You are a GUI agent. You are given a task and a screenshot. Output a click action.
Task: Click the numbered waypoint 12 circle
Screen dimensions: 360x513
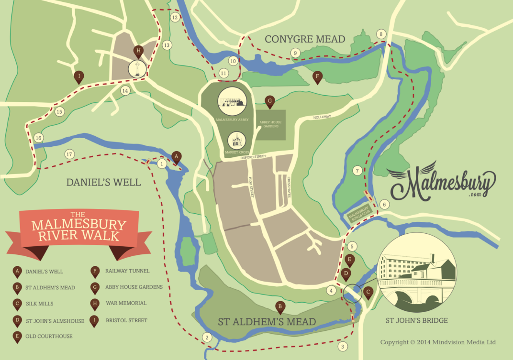(175, 18)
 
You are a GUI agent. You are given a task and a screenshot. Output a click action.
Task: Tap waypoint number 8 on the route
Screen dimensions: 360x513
(381, 34)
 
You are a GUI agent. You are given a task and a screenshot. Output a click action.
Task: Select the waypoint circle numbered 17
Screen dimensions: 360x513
(69, 154)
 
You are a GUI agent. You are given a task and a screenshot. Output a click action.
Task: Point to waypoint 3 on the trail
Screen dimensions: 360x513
(342, 347)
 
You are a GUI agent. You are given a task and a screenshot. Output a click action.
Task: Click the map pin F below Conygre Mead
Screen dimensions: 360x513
(317, 77)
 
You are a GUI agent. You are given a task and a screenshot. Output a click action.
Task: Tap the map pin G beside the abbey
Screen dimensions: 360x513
(269, 101)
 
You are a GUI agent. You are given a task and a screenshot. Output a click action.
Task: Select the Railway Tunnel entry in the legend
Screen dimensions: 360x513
(127, 271)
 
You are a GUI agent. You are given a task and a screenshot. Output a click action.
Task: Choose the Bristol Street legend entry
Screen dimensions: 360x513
(126, 320)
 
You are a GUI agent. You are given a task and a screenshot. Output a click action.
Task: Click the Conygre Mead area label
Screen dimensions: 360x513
(305, 39)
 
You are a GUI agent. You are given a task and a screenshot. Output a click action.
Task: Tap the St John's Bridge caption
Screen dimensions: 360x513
(416, 320)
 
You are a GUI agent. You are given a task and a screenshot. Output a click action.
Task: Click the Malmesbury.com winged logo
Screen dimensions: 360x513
(441, 182)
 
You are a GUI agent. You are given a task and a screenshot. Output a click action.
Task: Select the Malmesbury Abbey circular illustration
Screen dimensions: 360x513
(232, 100)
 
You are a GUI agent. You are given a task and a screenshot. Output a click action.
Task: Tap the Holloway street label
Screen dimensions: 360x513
(322, 117)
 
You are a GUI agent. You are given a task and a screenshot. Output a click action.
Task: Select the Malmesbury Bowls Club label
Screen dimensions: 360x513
(360, 212)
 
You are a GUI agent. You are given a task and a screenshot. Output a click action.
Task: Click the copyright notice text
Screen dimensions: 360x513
(438, 342)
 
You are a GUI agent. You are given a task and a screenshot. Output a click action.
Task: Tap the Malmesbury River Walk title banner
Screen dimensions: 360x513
(78, 227)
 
